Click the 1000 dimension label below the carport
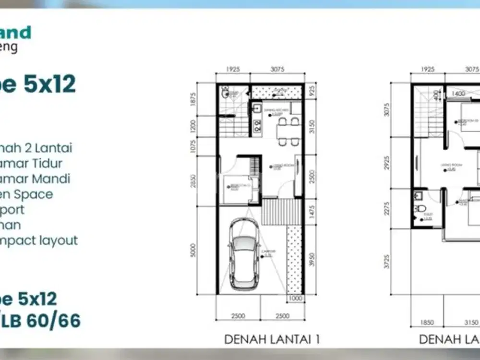295,299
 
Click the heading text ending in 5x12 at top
38,84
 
